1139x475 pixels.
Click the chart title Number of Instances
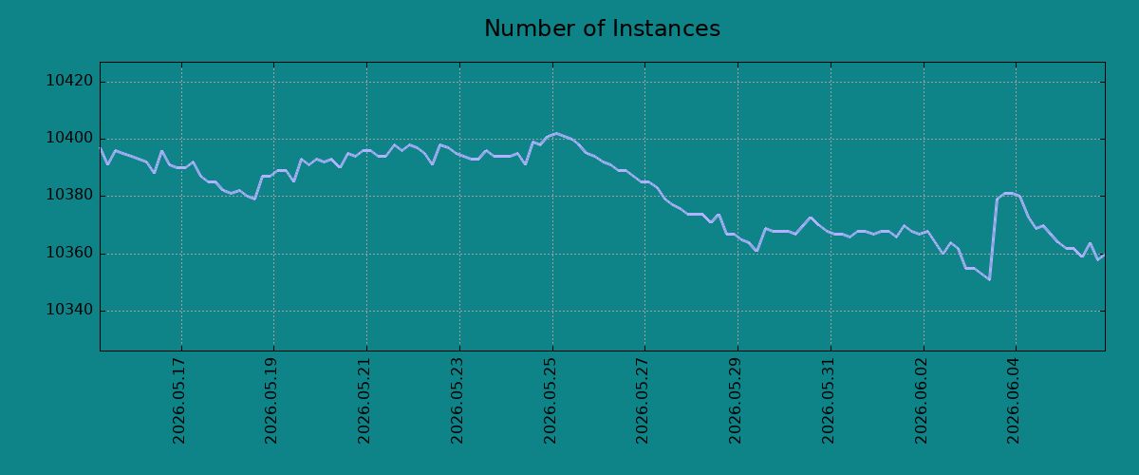(x=602, y=28)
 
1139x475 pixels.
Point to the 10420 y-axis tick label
(x=69, y=81)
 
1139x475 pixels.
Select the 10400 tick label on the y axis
(x=69, y=139)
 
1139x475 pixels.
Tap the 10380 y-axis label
(x=69, y=196)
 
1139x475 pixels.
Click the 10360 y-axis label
(x=69, y=253)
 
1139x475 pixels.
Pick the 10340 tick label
(x=69, y=310)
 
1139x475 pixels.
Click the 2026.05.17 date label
(x=179, y=401)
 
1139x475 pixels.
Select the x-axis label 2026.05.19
(x=271, y=401)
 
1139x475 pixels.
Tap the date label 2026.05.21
(x=364, y=401)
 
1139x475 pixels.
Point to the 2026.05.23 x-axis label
(x=457, y=401)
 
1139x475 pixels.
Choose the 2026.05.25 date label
(x=551, y=401)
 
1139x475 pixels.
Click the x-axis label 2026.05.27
(x=643, y=401)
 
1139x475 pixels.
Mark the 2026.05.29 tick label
(x=736, y=401)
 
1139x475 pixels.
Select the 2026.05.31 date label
(x=829, y=401)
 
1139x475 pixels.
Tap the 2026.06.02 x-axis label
(x=922, y=401)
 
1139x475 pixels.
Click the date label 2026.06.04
(x=1014, y=401)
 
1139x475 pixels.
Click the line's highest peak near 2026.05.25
(x=557, y=133)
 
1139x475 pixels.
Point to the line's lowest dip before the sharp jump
(x=989, y=279)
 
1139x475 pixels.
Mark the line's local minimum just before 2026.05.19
(x=254, y=199)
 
